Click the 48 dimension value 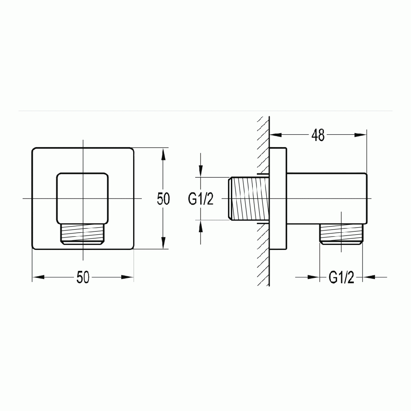tap(318, 135)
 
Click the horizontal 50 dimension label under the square tap(83, 278)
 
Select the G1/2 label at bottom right tap(341, 278)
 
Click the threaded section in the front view tap(83, 236)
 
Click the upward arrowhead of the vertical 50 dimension tap(164, 154)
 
